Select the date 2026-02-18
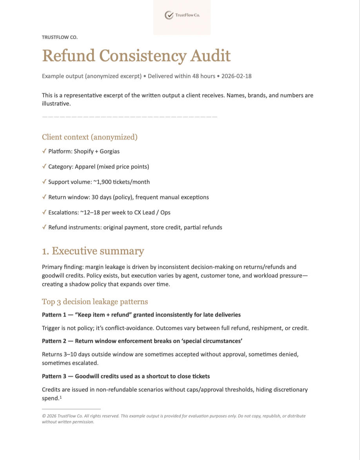(236, 76)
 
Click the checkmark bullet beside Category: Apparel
(44, 167)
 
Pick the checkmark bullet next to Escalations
(44, 212)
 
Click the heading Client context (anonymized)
(90, 137)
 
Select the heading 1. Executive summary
(93, 251)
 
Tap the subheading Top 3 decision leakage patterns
(95, 302)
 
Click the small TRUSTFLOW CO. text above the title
(60, 37)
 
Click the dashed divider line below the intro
(129, 117)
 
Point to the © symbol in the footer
(44, 416)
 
